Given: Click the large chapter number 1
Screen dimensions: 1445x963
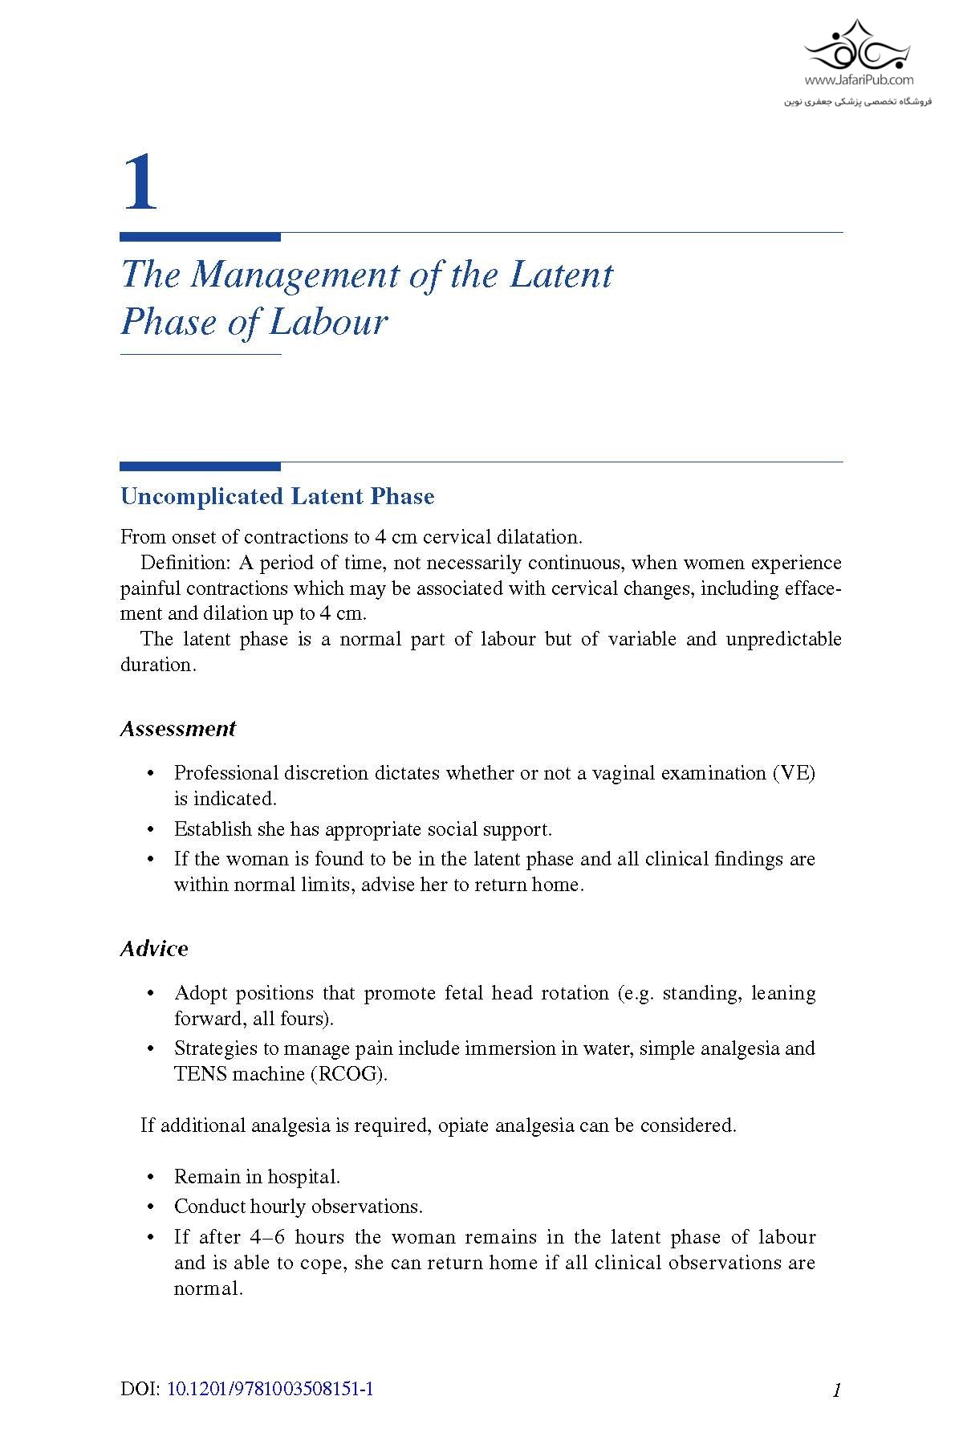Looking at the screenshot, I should pos(140,183).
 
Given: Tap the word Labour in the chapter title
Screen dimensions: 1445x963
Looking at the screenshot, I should pos(328,323).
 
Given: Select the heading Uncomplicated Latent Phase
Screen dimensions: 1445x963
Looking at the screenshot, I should pos(277,496).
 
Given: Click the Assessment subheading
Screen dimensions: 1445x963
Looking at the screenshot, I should pos(177,729).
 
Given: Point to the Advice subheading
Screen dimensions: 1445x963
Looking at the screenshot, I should pos(154,949).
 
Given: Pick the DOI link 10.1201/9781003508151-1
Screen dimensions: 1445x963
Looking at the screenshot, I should pos(270,1390).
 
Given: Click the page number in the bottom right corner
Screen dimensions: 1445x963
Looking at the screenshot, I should pos(836,1390).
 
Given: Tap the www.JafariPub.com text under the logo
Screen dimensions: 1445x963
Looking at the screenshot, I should pos(859,80).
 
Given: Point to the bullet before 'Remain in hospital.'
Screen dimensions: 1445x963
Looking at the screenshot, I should pos(150,1178).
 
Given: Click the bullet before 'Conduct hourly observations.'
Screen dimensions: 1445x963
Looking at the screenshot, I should pos(150,1207).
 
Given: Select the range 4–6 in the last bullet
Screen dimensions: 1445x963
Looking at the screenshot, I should pos(266,1237).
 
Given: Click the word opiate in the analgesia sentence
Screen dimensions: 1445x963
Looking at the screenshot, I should pos(463,1125).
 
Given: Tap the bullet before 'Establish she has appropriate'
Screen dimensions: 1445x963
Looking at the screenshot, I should pos(150,830).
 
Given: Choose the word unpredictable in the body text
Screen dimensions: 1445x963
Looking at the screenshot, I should pos(783,639).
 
